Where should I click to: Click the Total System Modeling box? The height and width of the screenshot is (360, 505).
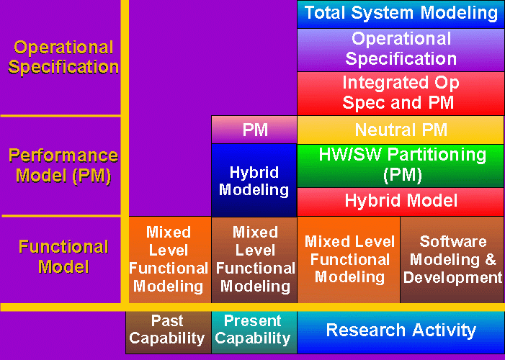tap(401, 13)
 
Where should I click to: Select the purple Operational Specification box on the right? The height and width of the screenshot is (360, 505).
tap(401, 49)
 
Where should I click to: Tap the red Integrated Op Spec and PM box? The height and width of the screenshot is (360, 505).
tap(401, 93)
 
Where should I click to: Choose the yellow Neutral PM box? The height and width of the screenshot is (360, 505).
tap(401, 130)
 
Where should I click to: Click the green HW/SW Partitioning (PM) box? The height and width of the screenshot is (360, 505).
tap(401, 165)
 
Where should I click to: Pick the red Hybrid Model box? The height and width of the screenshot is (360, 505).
tap(401, 201)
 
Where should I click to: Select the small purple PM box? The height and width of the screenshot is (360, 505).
tap(254, 130)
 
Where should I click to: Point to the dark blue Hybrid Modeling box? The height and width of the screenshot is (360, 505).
tap(254, 181)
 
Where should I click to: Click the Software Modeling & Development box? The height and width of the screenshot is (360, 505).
tap(452, 259)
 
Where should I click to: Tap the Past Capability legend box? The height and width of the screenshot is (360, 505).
tap(167, 330)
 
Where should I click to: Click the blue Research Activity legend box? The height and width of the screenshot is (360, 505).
tap(401, 330)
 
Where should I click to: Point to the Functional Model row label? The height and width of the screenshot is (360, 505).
tap(63, 257)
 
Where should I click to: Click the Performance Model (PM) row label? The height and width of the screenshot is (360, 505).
tap(63, 166)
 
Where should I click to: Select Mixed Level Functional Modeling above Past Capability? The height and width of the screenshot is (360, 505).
tap(169, 259)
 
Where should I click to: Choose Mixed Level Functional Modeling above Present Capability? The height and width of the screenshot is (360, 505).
tap(254, 259)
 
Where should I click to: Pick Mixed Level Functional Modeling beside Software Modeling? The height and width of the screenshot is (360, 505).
tap(348, 259)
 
